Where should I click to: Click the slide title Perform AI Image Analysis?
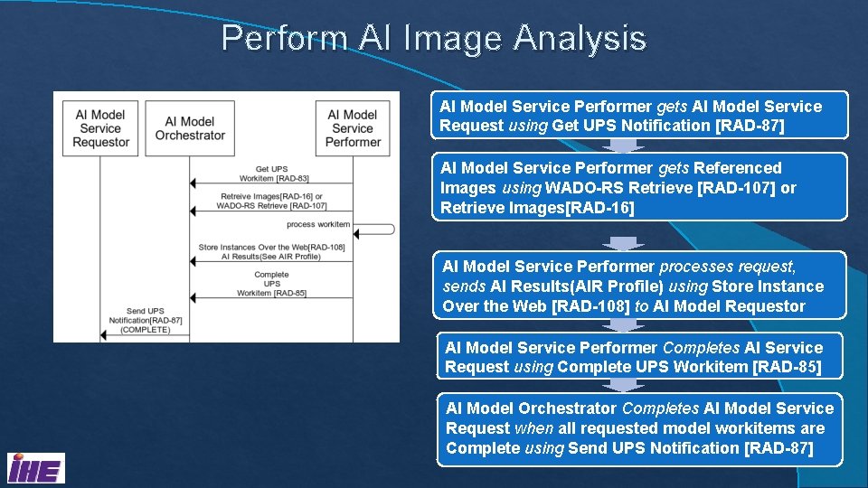pos(434,39)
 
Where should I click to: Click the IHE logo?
pos(36,468)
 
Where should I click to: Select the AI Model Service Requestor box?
pos(100,128)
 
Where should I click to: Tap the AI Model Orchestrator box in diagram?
pos(190,128)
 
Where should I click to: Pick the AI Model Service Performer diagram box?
pos(353,128)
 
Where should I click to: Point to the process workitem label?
pos(317,224)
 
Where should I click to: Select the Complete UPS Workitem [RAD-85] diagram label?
pos(270,284)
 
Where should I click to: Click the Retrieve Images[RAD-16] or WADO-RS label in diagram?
pos(271,201)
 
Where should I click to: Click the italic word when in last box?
pos(533,428)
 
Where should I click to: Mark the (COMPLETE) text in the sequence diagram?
pos(145,331)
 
